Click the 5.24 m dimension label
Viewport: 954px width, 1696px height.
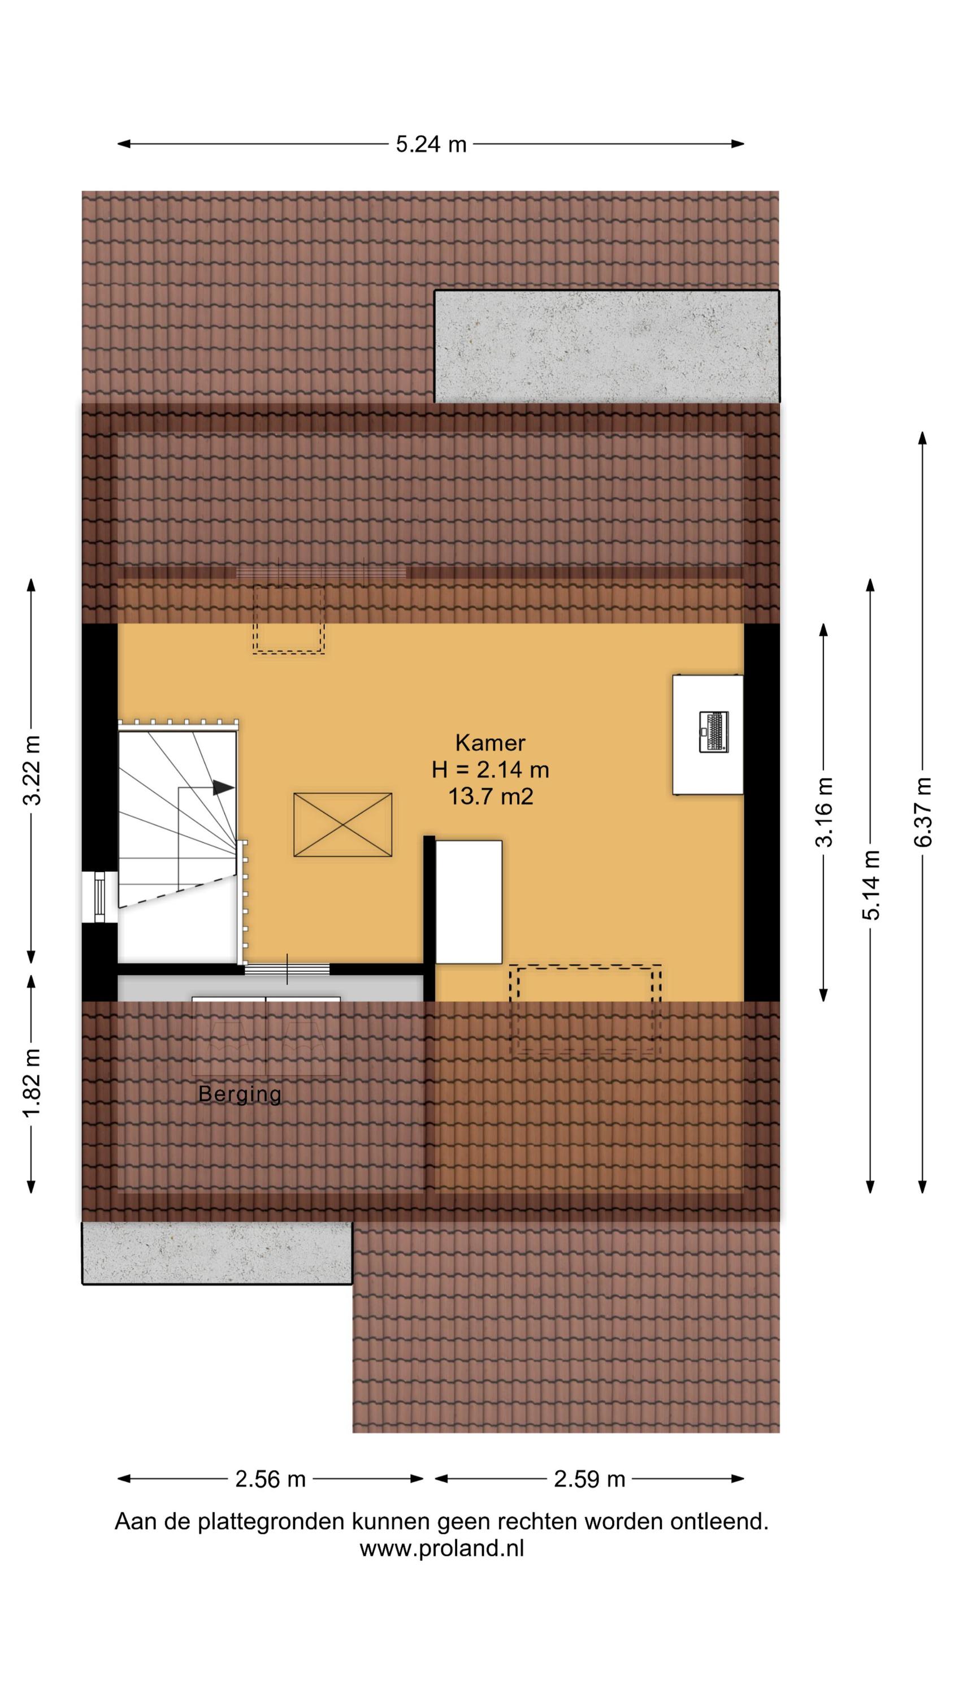pos(431,144)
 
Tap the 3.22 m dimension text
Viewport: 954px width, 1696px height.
pos(32,771)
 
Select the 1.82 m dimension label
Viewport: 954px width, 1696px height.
pos(32,1083)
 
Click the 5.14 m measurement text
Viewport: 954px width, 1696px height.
pos(871,885)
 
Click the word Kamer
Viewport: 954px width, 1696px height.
pos(491,743)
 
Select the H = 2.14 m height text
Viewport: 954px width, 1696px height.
pos(491,769)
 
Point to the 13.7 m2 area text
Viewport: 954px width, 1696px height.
pos(491,797)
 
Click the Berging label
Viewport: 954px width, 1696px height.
pos(240,1094)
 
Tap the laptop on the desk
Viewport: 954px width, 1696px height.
pos(714,732)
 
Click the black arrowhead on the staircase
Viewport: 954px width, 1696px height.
pos(224,788)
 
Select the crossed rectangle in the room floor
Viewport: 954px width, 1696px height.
pos(342,825)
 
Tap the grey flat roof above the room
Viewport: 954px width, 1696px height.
pos(606,347)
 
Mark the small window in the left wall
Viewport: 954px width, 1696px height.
pos(99,897)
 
